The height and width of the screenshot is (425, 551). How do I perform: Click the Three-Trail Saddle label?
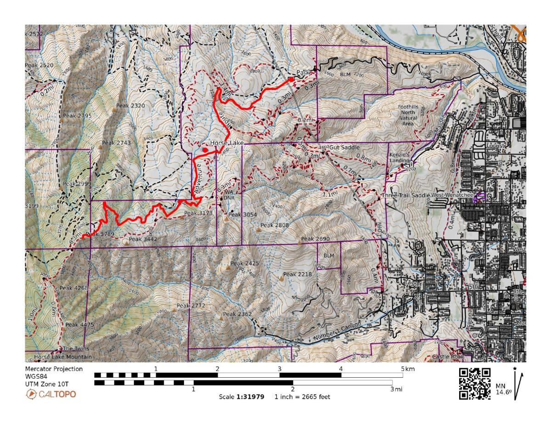click(x=406, y=195)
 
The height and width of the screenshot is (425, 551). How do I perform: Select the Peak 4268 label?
click(x=73, y=288)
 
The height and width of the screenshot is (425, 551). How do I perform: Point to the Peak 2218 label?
click(x=298, y=274)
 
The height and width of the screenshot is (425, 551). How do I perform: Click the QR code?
click(x=475, y=383)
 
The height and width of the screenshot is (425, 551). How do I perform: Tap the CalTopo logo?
click(x=51, y=394)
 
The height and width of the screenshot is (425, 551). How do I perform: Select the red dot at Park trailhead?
click(x=291, y=79)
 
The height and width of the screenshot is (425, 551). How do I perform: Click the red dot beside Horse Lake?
click(x=205, y=149)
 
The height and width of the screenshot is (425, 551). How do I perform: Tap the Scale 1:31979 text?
click(x=242, y=397)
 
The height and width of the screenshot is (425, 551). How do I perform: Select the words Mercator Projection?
click(x=54, y=369)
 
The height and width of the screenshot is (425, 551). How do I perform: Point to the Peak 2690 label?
click(x=315, y=239)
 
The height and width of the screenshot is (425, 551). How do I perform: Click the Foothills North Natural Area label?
click(x=408, y=115)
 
